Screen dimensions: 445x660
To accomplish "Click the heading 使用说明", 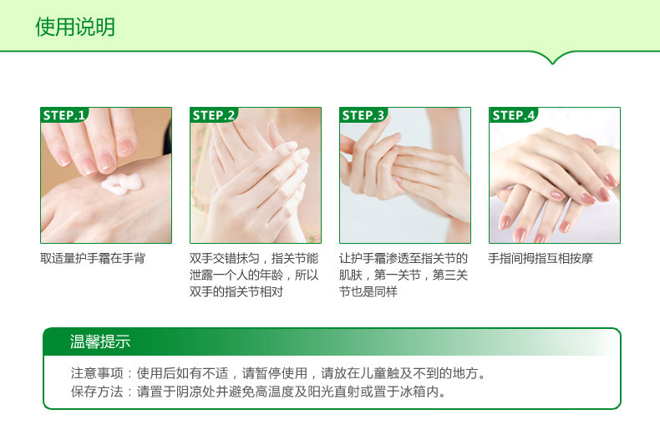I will pos(75,28).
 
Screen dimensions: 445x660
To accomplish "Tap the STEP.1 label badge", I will pos(65,115).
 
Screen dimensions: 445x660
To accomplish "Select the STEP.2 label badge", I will pos(214,115).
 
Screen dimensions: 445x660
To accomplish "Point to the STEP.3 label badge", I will pos(363,115).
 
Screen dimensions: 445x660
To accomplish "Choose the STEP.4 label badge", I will pos(513,115).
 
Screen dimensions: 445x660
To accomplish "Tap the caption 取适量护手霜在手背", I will pos(93,259).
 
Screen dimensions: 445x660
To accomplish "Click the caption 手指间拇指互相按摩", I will pos(541,259).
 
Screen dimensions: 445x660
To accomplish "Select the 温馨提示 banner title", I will pos(100,342).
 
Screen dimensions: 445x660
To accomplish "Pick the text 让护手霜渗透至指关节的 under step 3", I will pos(404,259).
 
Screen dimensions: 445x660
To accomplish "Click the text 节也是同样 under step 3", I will pos(368,292).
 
